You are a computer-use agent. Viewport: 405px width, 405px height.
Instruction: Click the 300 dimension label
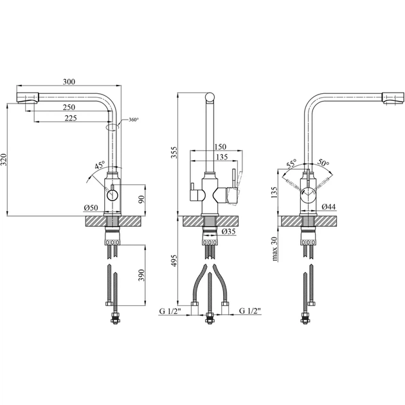(x=69, y=82)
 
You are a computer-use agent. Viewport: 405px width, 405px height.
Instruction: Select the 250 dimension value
(x=69, y=107)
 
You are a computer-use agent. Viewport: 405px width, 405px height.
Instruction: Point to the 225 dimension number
(x=71, y=118)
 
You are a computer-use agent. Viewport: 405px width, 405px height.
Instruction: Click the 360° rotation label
(x=134, y=120)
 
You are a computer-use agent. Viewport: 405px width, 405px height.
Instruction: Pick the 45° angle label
(x=100, y=165)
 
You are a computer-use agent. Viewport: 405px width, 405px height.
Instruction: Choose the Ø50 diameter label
(x=91, y=208)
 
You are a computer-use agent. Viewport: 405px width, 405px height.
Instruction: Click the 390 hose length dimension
(x=141, y=275)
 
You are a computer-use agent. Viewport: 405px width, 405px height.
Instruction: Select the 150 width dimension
(x=221, y=147)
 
